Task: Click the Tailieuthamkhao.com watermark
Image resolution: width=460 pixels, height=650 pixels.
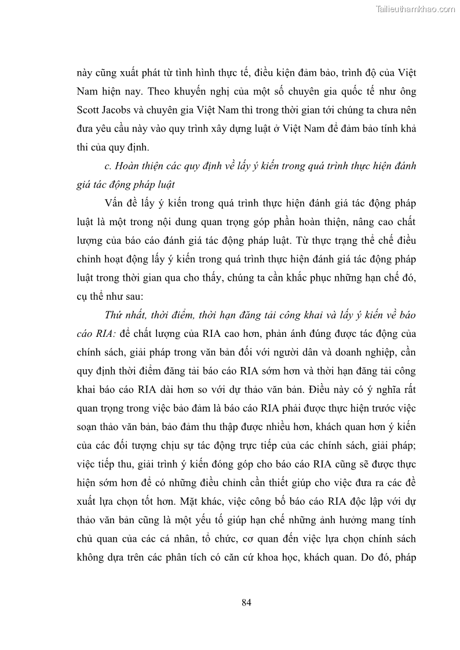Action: (x=416, y=9)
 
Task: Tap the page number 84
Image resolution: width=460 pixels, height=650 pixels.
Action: (x=246, y=602)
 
